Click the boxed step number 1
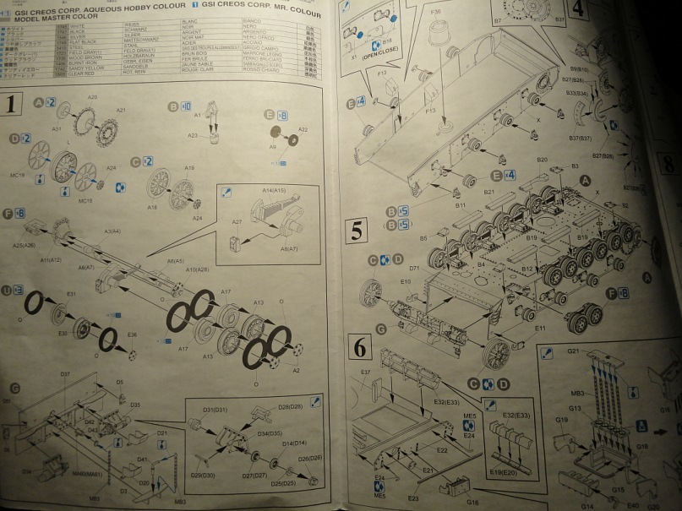click(x=12, y=106)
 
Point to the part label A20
click(x=93, y=98)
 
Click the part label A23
click(x=193, y=135)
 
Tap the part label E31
click(x=72, y=294)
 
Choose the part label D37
click(x=65, y=373)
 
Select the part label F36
click(x=435, y=12)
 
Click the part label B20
click(x=542, y=160)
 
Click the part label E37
click(x=366, y=372)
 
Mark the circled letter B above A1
click(x=173, y=106)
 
